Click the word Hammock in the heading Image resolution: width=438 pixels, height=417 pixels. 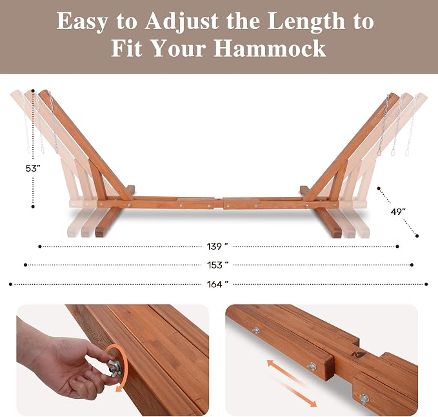click(x=270, y=48)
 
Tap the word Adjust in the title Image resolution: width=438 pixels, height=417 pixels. click(x=181, y=22)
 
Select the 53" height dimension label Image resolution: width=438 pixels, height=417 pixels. click(x=33, y=168)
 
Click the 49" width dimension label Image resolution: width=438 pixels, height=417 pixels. click(x=398, y=212)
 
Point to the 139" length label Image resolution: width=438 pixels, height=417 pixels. click(x=217, y=247)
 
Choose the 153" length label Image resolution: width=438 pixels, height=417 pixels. click(x=217, y=265)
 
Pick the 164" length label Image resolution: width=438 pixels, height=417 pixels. click(x=217, y=284)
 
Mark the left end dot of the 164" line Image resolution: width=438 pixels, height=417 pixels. click(x=10, y=284)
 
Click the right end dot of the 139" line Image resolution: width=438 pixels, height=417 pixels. click(x=397, y=247)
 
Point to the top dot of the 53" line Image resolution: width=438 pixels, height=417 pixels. click(x=33, y=91)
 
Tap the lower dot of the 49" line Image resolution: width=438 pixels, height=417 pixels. click(x=417, y=236)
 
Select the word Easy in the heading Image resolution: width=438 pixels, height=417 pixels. click(x=82, y=22)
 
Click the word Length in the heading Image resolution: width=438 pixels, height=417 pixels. click(x=306, y=22)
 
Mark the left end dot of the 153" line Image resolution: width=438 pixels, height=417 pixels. click(x=25, y=265)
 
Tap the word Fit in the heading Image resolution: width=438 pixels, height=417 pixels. click(x=127, y=48)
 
